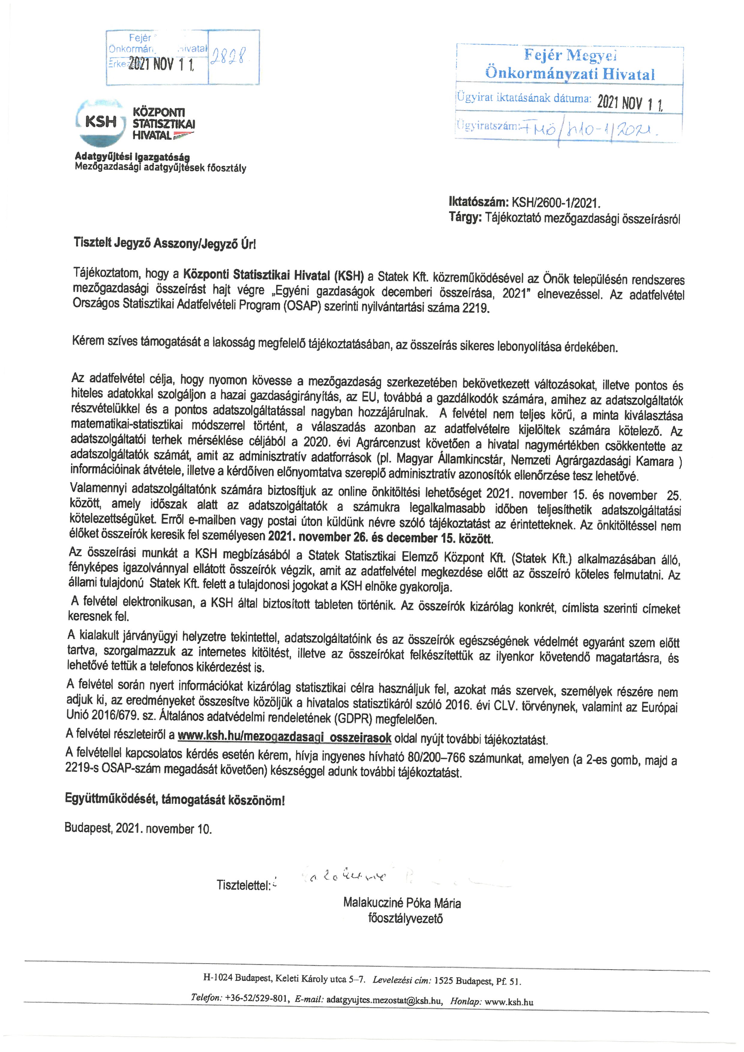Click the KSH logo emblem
point(101,122)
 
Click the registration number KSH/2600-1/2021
point(556,202)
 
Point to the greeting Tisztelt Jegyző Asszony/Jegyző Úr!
point(165,243)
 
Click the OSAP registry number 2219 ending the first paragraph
point(475,308)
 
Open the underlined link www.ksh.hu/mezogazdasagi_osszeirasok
point(284,737)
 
